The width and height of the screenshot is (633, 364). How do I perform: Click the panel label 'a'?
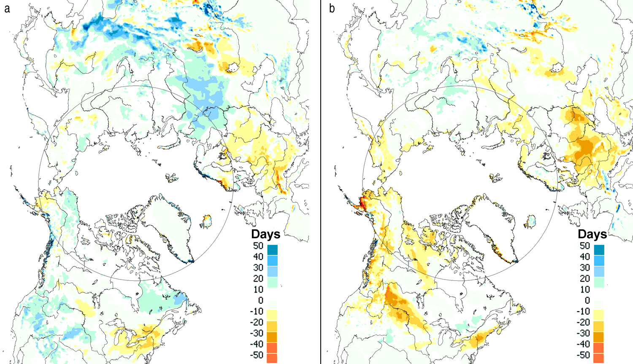click(x=7, y=8)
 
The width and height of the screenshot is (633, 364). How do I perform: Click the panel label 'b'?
click(x=332, y=8)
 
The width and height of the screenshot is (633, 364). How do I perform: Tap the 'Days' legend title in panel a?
click(x=265, y=234)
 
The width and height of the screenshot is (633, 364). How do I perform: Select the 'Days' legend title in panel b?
click(x=592, y=234)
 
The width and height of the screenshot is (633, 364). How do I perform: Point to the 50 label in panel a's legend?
click(x=258, y=246)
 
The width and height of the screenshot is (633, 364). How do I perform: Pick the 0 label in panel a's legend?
click(x=260, y=301)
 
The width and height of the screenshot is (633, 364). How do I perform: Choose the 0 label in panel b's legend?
click(x=587, y=301)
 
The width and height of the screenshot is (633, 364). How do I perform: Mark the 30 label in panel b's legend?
click(x=584, y=268)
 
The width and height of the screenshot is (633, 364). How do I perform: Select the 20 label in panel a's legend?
click(x=258, y=279)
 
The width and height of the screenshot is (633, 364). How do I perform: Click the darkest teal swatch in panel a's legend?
click(x=272, y=250)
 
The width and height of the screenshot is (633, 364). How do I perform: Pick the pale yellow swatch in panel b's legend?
click(x=599, y=315)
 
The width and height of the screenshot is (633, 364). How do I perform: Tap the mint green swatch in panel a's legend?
click(x=272, y=282)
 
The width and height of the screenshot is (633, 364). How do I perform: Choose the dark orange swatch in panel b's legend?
click(x=599, y=337)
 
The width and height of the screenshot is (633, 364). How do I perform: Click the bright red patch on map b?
click(x=362, y=204)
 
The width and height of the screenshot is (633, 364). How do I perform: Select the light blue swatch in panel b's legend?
click(x=599, y=271)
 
